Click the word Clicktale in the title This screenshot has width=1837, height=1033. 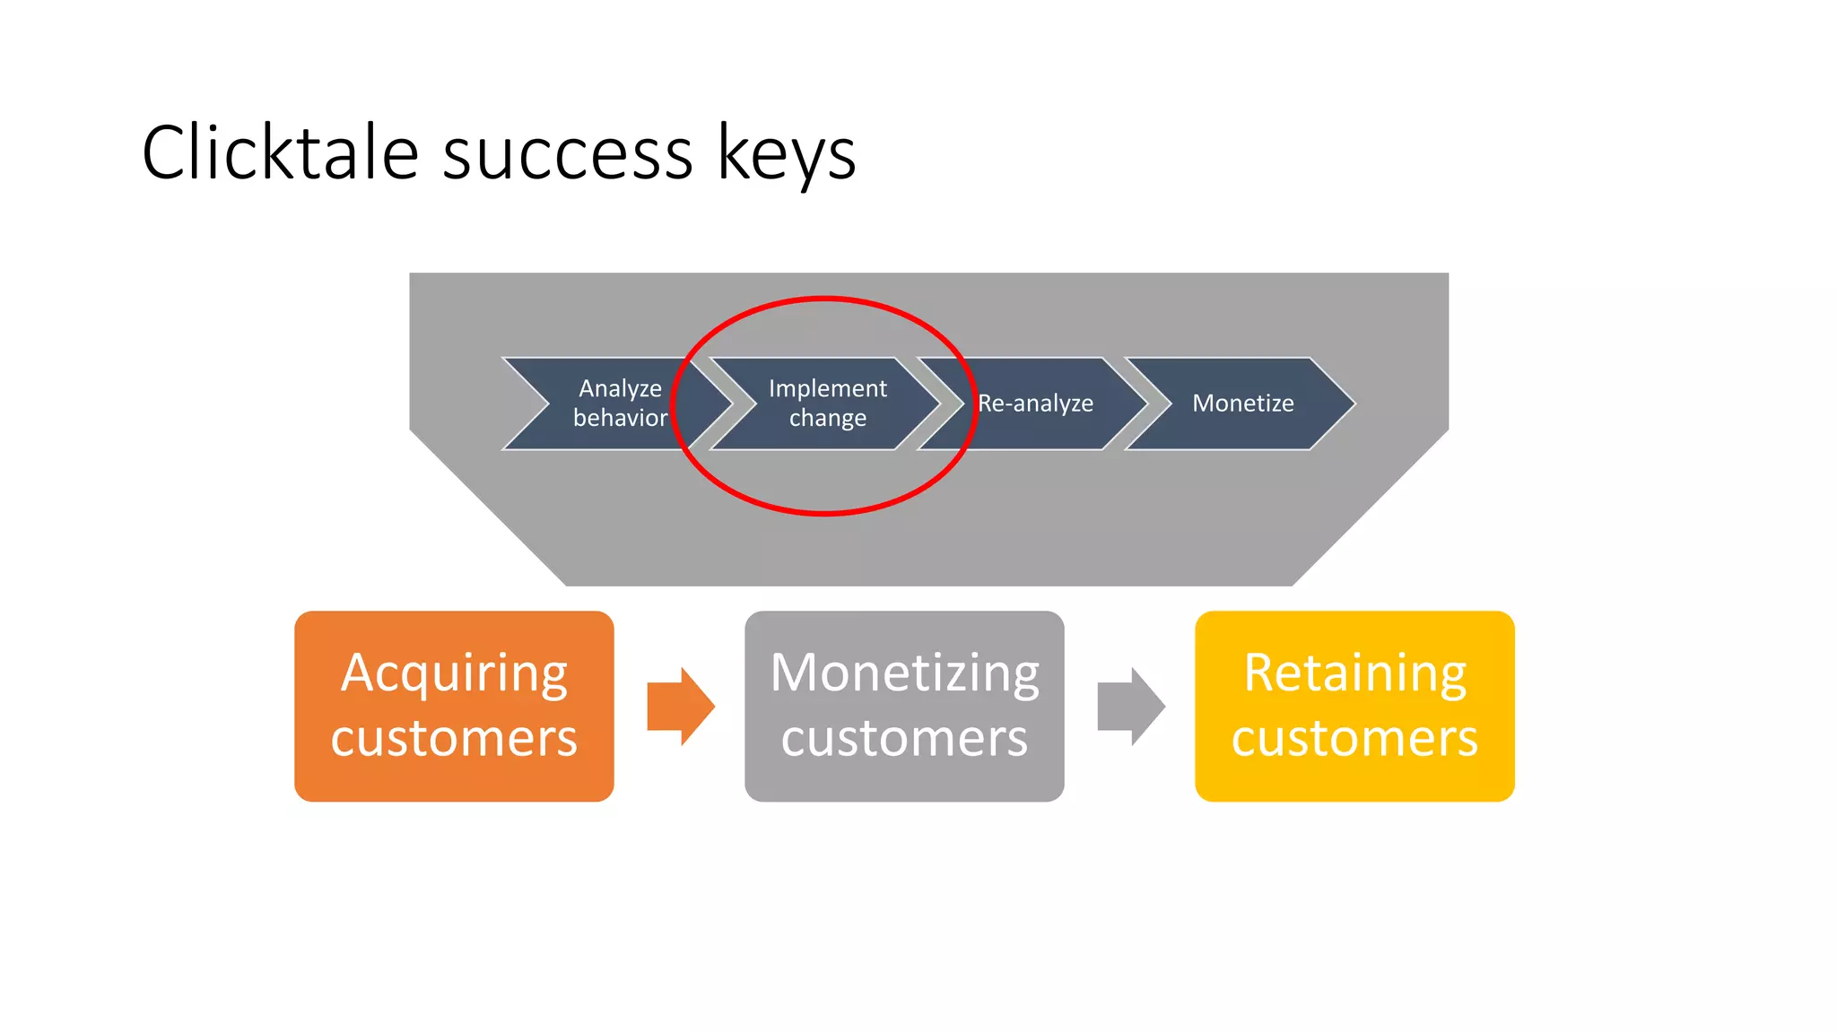pyautogui.click(x=280, y=153)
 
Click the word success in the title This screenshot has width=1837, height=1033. pyautogui.click(x=568, y=153)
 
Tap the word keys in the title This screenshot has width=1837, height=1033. pyautogui.click(x=787, y=153)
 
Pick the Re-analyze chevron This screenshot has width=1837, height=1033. pyautogui.click(x=1035, y=404)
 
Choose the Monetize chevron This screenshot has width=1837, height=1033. pyautogui.click(x=1242, y=404)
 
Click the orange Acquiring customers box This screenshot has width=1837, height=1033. pyautogui.click(x=454, y=707)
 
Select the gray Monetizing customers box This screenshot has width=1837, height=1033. pyautogui.click(x=904, y=707)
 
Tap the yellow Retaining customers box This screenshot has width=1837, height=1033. pyautogui.click(x=1354, y=707)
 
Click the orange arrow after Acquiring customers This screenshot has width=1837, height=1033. pyautogui.click(x=680, y=707)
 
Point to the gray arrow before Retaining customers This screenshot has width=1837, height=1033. pyautogui.click(x=1130, y=707)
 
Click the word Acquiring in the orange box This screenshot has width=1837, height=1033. pyautogui.click(x=454, y=674)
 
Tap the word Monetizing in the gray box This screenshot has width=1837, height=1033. pyautogui.click(x=904, y=674)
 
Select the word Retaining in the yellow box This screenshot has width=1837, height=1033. pyautogui.click(x=1354, y=674)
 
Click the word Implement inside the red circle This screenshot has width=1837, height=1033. pyautogui.click(x=827, y=388)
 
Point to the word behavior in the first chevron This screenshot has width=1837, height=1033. pyautogui.click(x=620, y=418)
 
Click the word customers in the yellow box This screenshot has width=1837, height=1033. pyautogui.click(x=1354, y=738)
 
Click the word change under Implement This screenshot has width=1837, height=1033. pyautogui.click(x=827, y=418)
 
